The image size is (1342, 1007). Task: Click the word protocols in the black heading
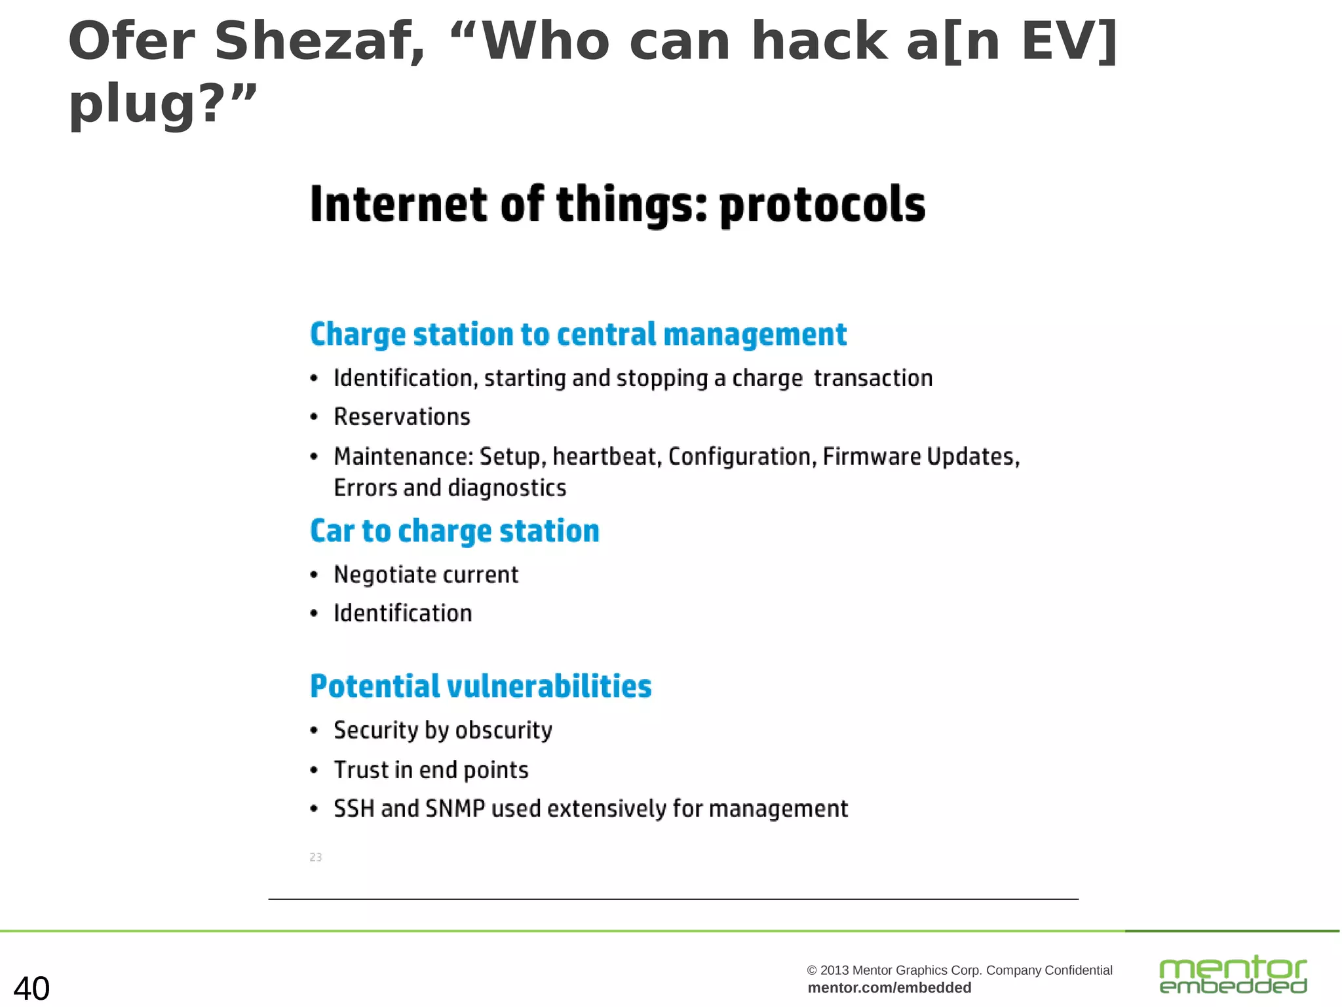click(822, 205)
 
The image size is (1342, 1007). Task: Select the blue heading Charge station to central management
click(578, 334)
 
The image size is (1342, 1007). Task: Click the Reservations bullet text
click(402, 417)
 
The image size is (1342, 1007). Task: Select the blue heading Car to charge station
click(454, 531)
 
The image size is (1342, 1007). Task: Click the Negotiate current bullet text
click(426, 575)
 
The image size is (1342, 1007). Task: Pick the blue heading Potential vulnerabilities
click(480, 686)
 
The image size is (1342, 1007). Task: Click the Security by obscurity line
click(442, 730)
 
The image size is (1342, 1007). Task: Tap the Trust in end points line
click(431, 770)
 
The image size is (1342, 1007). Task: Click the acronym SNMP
click(455, 808)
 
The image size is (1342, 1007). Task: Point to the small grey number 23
click(315, 857)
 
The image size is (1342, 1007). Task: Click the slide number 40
click(31, 988)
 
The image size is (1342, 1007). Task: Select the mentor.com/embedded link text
click(889, 988)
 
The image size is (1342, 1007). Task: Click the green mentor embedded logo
click(1233, 975)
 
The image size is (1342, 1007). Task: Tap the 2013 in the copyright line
click(834, 970)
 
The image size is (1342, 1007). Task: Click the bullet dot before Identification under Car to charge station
click(314, 614)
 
